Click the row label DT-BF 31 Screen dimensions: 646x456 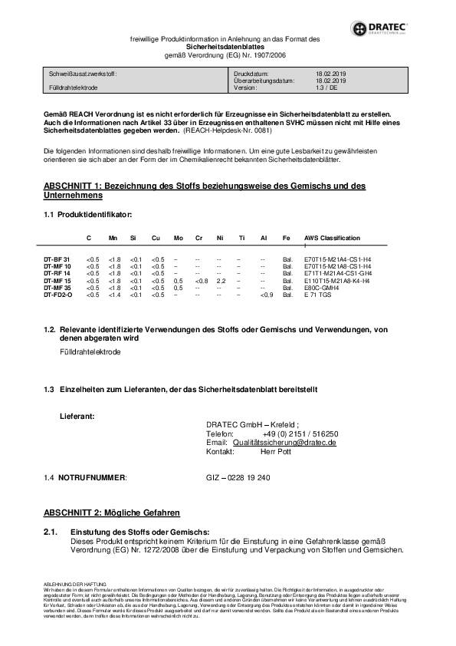(57, 260)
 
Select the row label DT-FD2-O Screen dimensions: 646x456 (59, 295)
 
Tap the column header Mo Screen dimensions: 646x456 (178, 239)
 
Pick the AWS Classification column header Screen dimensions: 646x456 (333, 239)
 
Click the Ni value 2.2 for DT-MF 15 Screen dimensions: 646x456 (221, 281)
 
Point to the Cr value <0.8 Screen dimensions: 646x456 (202, 281)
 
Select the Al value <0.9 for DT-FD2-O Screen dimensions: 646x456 (266, 295)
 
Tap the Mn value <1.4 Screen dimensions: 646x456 (115, 295)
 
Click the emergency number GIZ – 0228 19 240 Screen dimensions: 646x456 (238, 477)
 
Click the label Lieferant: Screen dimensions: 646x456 (77, 416)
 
